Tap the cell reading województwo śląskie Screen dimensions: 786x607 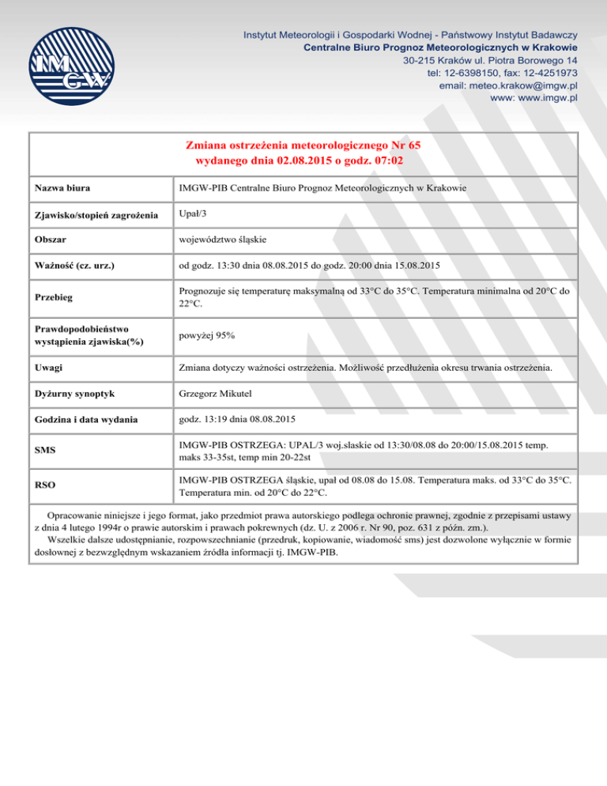click(225, 240)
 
